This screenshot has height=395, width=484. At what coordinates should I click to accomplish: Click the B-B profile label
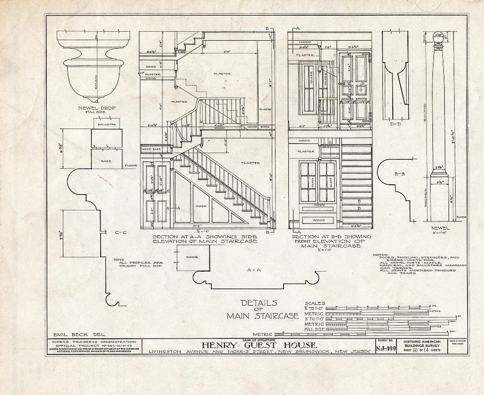click(x=399, y=173)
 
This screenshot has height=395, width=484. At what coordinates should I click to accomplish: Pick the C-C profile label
click(x=120, y=232)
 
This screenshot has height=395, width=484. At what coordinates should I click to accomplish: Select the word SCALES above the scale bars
click(x=316, y=303)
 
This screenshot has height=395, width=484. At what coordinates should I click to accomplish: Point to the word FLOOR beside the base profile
click(x=130, y=166)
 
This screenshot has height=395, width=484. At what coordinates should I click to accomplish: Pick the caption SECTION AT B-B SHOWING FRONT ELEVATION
click(x=331, y=240)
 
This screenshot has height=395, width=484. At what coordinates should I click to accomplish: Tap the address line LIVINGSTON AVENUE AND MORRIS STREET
click(x=258, y=352)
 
